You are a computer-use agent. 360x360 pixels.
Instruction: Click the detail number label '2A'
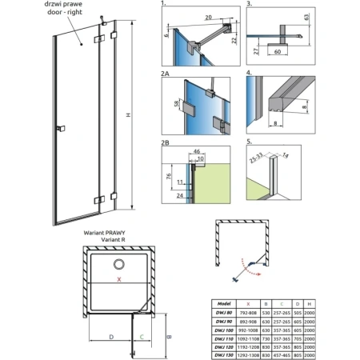(x=166, y=74)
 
